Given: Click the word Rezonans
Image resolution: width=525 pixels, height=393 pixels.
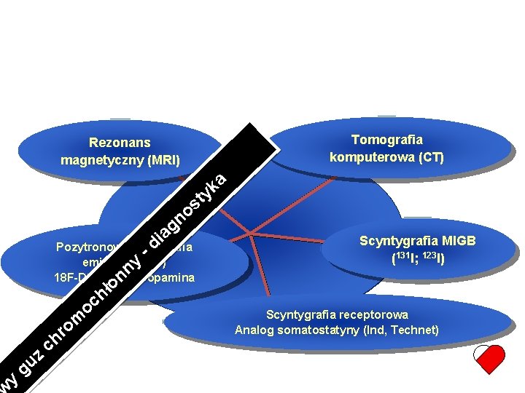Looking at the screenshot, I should point(120,143).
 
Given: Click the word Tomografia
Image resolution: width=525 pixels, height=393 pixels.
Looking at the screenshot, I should point(387,140).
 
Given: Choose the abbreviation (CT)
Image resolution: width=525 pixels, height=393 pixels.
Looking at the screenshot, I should point(429,156).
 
